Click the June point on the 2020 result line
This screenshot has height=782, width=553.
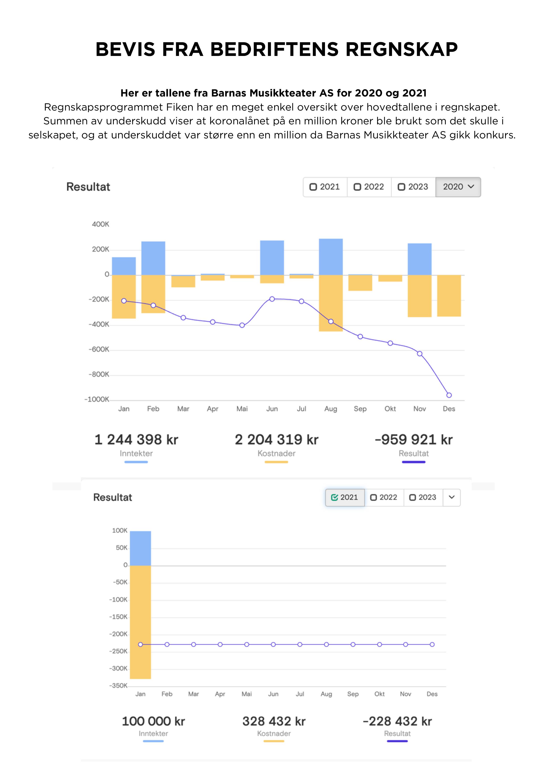pyautogui.click(x=272, y=299)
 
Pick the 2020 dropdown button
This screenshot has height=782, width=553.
pyautogui.click(x=458, y=187)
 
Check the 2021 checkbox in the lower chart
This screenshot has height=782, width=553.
pyautogui.click(x=335, y=498)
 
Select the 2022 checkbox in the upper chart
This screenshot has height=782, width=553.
pyautogui.click(x=357, y=187)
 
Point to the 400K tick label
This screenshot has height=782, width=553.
pyautogui.click(x=101, y=224)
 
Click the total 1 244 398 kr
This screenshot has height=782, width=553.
pyautogui.click(x=136, y=440)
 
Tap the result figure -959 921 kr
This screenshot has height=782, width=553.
pyautogui.click(x=414, y=440)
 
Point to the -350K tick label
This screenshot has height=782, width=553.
pyautogui.click(x=118, y=686)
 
